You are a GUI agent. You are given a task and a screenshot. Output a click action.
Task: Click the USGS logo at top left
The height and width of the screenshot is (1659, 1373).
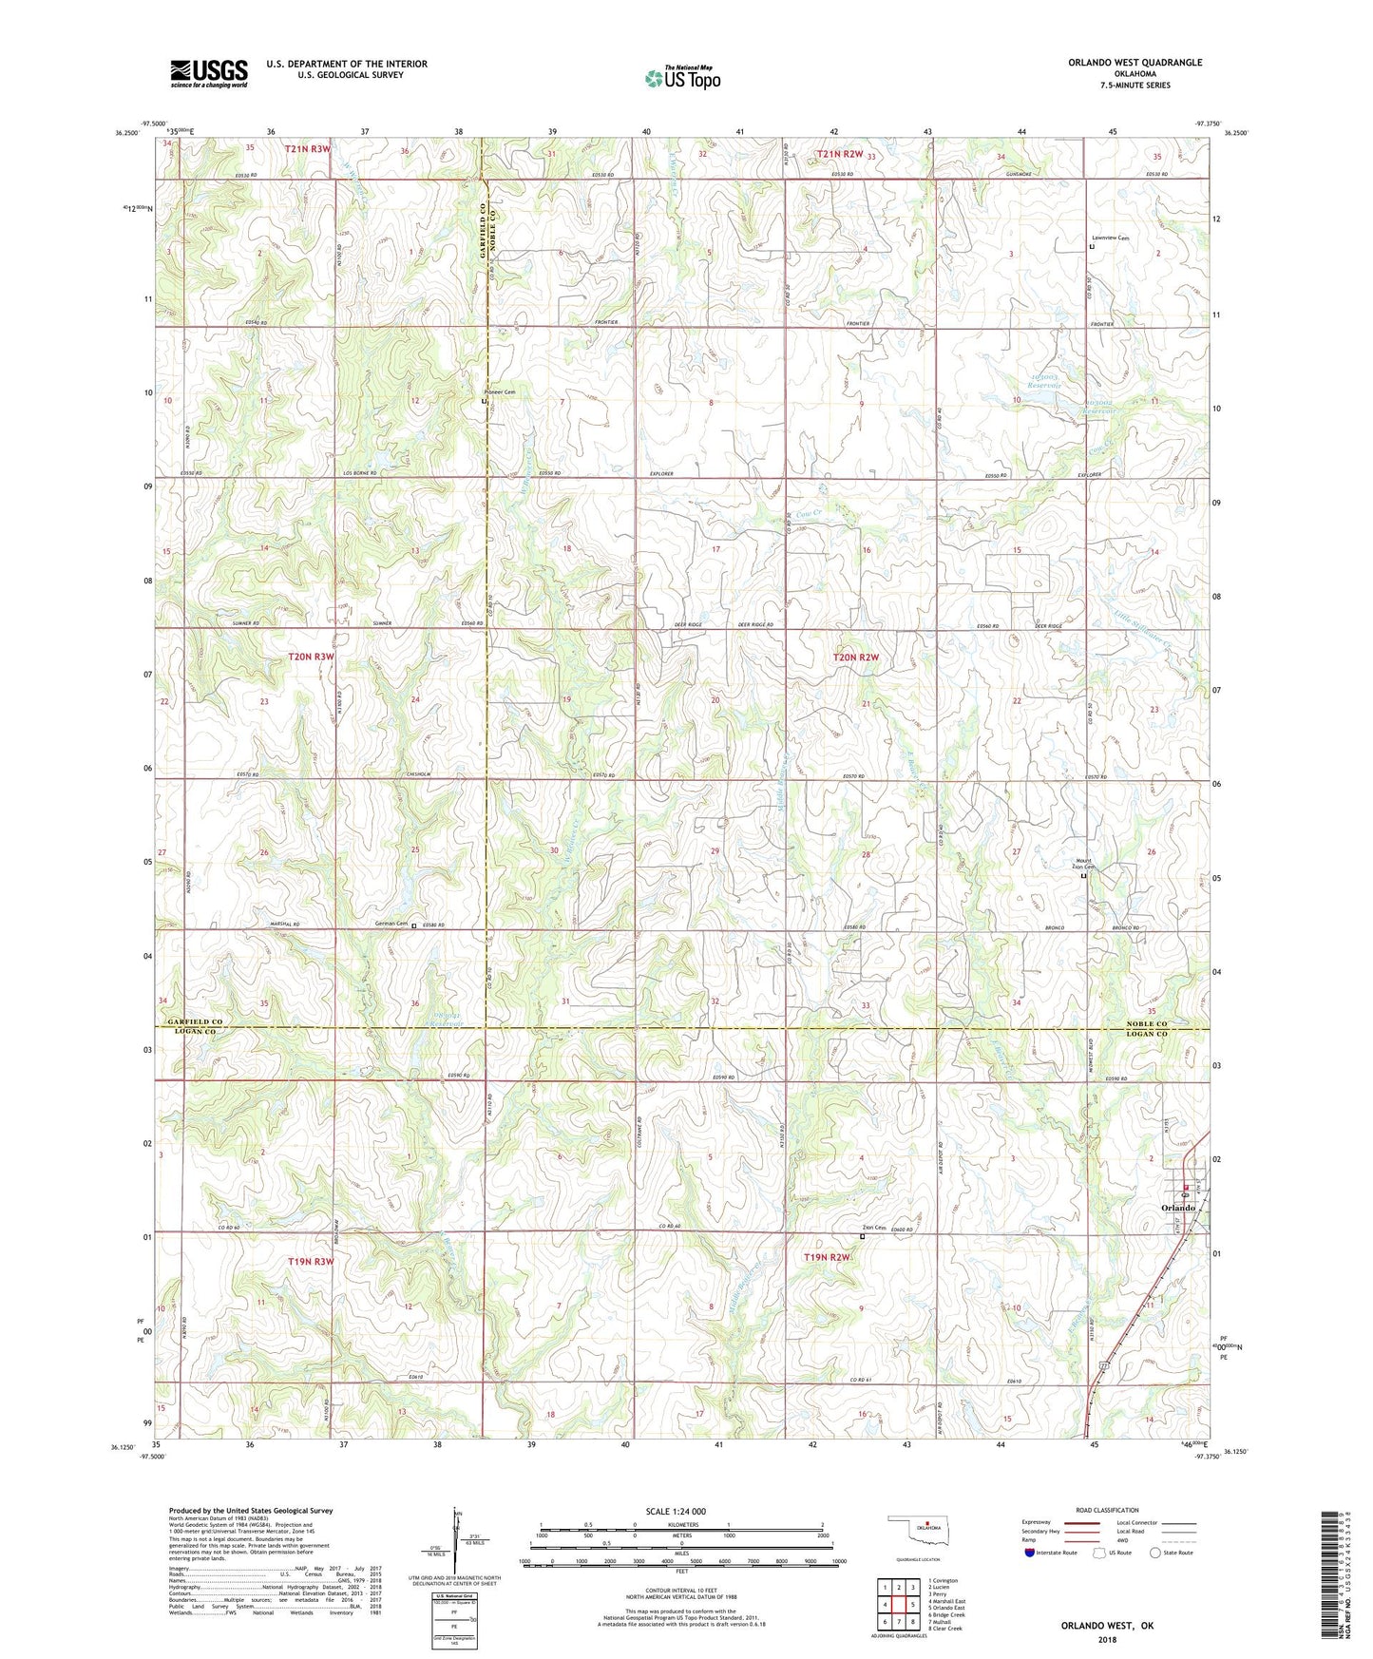coord(209,72)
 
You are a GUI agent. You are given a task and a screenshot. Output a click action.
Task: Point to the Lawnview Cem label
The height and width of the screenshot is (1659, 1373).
coord(1109,238)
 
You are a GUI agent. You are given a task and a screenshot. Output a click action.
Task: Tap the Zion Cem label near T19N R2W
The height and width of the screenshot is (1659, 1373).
coord(873,1228)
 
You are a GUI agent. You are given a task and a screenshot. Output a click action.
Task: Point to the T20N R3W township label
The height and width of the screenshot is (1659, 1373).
coord(312,657)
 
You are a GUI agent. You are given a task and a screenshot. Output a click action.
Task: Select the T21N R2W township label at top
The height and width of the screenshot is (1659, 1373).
coord(840,153)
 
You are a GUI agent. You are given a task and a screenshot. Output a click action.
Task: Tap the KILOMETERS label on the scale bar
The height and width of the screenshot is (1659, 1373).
coord(680,1524)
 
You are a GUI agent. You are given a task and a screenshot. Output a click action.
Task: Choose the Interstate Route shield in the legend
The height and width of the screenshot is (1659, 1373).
coord(1030,1553)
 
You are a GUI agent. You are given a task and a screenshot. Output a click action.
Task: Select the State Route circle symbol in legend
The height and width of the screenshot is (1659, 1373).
coord(1154,1553)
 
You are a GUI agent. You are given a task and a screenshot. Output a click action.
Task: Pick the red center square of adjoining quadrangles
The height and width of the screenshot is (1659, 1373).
coord(899,1605)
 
